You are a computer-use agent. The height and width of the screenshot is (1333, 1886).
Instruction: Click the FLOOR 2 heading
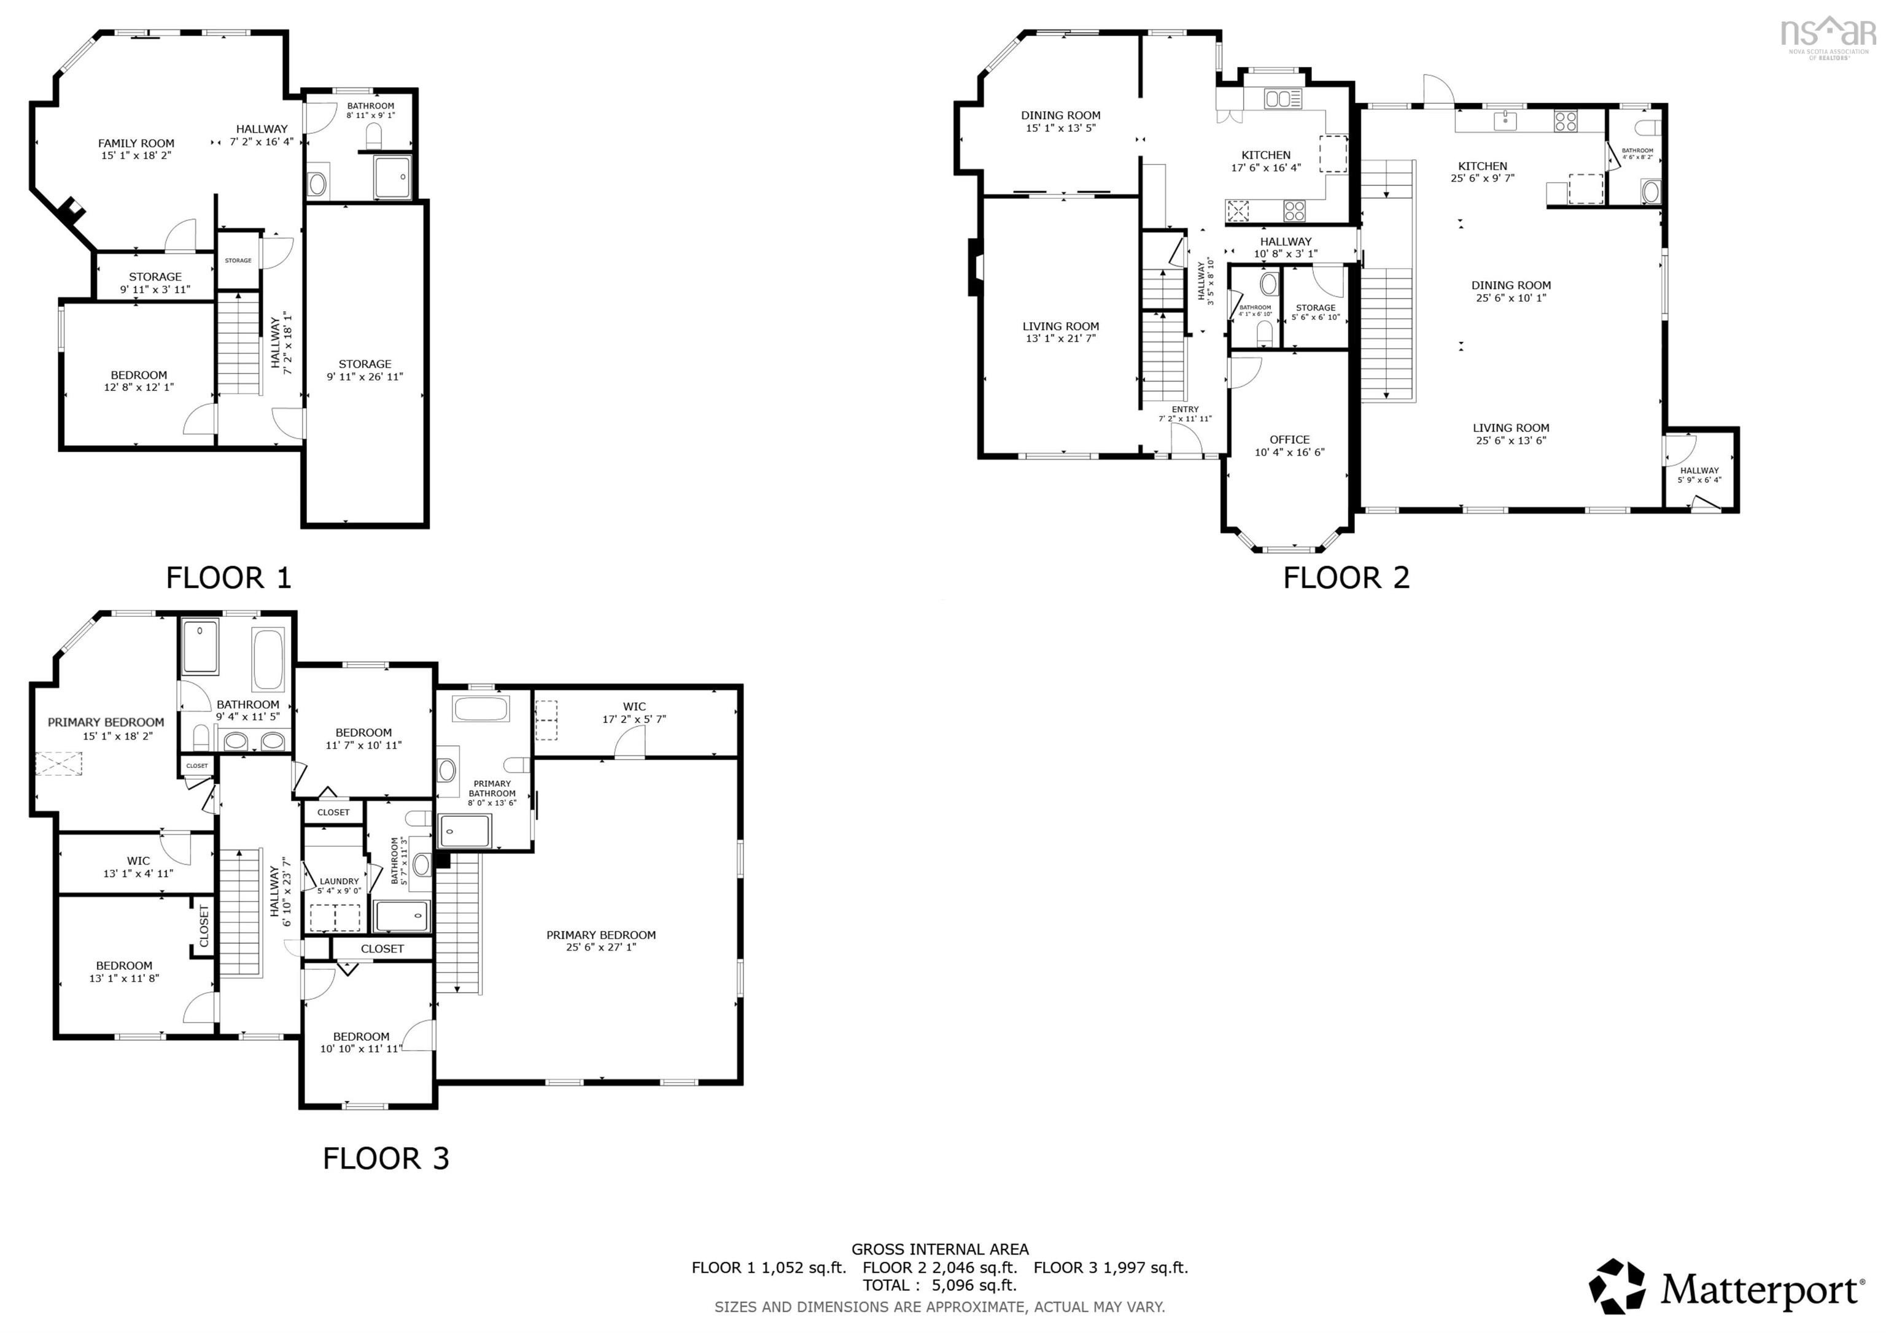coord(1346,578)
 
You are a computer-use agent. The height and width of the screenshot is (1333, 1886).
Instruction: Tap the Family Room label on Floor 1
coord(136,143)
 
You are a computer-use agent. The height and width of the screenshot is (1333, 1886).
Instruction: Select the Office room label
coord(1289,439)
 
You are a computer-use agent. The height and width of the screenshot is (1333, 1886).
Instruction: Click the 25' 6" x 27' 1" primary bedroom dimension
coord(600,947)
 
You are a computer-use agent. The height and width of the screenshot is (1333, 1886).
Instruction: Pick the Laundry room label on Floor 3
coord(340,881)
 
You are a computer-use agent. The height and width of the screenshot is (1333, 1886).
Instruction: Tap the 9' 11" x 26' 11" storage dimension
coord(365,377)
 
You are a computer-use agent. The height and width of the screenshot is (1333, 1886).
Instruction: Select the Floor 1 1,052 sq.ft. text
coord(768,1267)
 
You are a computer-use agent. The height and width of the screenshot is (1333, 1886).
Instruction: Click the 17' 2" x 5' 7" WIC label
coord(634,719)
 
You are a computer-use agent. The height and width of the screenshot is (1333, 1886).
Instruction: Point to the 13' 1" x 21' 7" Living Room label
coord(1060,338)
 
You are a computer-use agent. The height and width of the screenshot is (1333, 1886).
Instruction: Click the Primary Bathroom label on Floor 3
coord(492,789)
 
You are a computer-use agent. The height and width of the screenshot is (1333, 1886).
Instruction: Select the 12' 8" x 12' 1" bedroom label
coord(139,387)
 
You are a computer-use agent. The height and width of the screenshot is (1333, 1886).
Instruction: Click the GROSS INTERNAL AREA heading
coord(940,1249)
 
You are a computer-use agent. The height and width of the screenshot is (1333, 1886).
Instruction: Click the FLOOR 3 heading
coord(386,1158)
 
